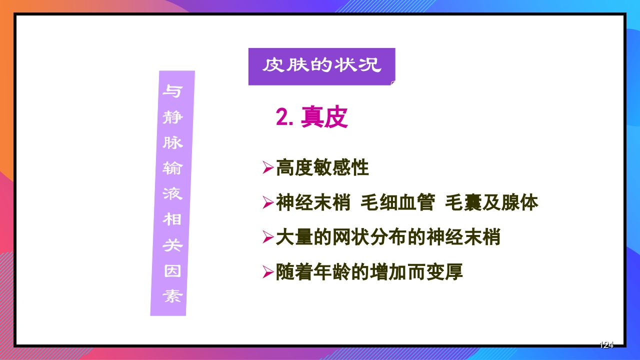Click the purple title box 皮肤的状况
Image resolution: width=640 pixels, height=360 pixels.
pos(321,66)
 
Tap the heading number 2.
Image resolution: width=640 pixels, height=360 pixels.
pos(284,118)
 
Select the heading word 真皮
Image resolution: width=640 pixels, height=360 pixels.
pos(324,118)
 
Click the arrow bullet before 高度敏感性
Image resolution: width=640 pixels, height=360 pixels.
pos(268,168)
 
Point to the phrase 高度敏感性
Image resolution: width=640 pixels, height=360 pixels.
pos(322,168)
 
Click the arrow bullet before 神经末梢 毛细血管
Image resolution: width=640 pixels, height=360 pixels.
pos(268,203)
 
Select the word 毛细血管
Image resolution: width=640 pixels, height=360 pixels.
pos(397,203)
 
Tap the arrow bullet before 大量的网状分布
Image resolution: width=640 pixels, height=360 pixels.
pos(268,237)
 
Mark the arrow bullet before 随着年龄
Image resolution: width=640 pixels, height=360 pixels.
pos(268,272)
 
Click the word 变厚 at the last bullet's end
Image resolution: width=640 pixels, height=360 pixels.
pos(444,272)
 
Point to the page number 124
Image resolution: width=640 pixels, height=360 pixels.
pos(606,345)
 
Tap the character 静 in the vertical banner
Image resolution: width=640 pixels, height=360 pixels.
pos(173,118)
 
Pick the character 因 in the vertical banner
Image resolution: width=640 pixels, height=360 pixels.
pos(172,271)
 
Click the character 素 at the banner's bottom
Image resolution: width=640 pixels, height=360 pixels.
pos(172,297)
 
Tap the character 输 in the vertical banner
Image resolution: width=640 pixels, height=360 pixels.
pos(172,168)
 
